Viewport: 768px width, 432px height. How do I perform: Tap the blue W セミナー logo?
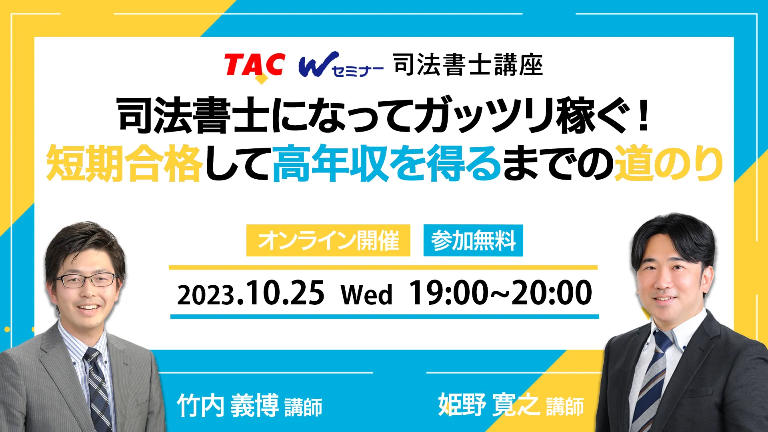341,65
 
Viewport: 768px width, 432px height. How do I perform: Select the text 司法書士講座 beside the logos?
468,65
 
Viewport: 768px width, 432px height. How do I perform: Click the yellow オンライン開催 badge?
328,240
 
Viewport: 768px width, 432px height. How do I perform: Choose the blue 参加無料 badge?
473,240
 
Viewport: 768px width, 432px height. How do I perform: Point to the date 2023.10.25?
251,294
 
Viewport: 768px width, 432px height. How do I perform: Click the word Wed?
366,295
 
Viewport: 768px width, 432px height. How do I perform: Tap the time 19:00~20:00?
500,293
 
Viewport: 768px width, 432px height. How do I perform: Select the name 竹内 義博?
228,405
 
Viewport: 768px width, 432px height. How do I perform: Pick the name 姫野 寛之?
489,404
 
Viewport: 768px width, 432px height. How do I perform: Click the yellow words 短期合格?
124,164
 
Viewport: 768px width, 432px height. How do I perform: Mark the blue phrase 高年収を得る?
386,164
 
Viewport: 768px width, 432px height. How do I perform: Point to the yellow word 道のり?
668,164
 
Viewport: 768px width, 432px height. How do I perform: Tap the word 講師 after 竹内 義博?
304,407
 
